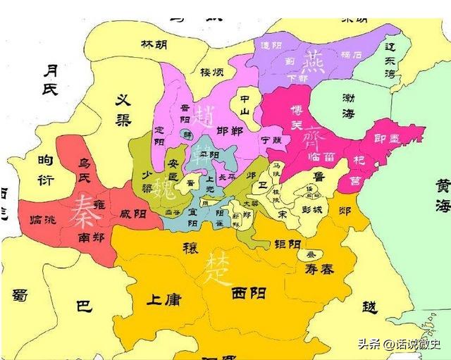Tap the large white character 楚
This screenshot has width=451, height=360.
coord(216,268)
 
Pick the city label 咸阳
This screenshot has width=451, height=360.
coord(134,213)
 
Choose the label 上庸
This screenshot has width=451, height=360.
coord(163,299)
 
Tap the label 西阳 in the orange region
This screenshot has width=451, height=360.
coord(248,293)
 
